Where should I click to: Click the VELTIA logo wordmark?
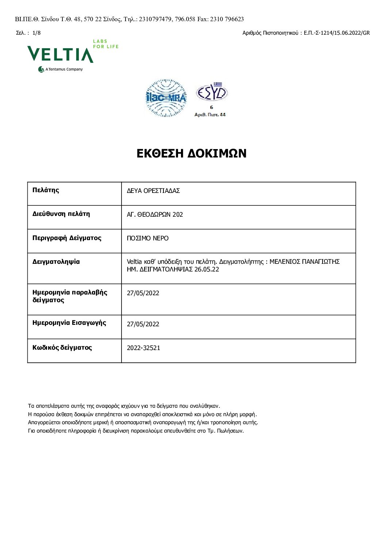60,54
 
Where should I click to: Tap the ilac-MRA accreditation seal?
166,98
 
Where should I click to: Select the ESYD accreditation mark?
212,93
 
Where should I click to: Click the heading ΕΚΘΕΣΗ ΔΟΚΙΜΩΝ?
192,153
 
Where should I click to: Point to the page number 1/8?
36,33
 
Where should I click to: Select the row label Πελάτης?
46,190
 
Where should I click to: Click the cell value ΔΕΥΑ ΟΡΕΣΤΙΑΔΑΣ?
153,191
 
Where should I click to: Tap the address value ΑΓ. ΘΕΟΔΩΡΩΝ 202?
155,214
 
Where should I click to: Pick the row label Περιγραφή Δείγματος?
67,238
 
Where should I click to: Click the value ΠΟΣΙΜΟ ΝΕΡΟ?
148,238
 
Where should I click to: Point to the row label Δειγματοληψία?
56,262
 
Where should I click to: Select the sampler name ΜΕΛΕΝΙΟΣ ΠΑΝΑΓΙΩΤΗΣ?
304,262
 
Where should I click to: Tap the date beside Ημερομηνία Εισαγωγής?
143,324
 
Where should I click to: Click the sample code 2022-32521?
143,348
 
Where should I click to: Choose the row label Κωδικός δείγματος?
62,347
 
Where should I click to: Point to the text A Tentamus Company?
64,69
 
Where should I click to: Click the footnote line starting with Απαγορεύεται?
143,422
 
